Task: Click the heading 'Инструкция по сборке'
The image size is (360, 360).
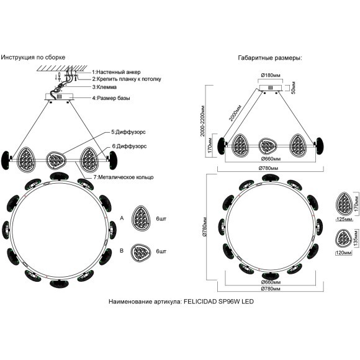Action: coord(33,57)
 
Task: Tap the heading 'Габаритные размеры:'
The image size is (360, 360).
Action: coord(270,58)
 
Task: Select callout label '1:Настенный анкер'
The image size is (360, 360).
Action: coord(116,72)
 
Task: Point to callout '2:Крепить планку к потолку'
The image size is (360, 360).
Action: coord(127,79)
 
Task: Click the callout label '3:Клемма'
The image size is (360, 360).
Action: coord(104,87)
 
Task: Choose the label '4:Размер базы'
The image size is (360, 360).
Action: coord(111,98)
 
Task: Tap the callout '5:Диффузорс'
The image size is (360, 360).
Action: coord(128,132)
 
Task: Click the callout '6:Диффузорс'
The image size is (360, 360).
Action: coord(129,146)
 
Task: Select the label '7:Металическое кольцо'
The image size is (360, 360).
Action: coord(124,178)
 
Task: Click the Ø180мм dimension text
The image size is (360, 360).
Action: coord(271,75)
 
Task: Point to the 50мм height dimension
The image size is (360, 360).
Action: coord(293,88)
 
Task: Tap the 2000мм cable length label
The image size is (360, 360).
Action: coord(235,113)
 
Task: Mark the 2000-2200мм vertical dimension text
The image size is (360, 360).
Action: coord(202,121)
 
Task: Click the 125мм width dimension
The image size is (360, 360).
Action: coord(344,219)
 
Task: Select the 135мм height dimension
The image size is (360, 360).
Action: coord(356,238)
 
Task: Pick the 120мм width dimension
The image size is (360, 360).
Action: coord(344,253)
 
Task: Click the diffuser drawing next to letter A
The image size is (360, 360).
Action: coord(141,218)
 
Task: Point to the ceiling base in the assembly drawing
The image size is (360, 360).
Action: coord(59,96)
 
